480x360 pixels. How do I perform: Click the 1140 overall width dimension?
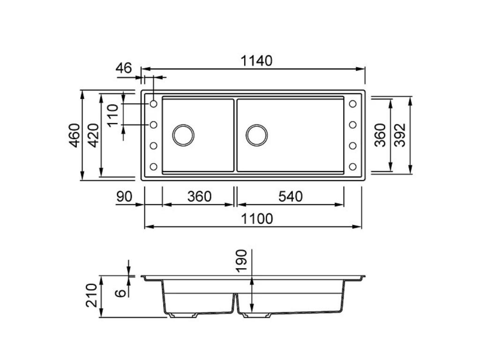pyautogui.click(x=256, y=61)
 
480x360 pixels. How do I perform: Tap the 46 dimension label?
pyautogui.click(x=124, y=68)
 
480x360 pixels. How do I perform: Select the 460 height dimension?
pyautogui.click(x=75, y=135)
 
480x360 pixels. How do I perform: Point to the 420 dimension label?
pyautogui.click(x=93, y=135)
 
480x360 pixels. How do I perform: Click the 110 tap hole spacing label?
pyautogui.click(x=112, y=115)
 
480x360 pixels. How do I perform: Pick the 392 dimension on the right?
pyautogui.click(x=400, y=135)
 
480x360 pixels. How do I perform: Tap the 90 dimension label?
pyautogui.click(x=124, y=196)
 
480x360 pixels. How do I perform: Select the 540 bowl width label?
pyautogui.click(x=291, y=196)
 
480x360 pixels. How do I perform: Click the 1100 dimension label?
pyautogui.click(x=257, y=219)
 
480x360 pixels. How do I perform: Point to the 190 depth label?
pyautogui.click(x=241, y=261)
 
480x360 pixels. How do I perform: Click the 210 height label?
pyautogui.click(x=91, y=295)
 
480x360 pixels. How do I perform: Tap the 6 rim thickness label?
pyautogui.click(x=120, y=293)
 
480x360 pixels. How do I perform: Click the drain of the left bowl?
pyautogui.click(x=183, y=135)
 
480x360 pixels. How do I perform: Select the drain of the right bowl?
pyautogui.click(x=256, y=135)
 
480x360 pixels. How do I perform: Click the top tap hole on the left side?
pyautogui.click(x=153, y=104)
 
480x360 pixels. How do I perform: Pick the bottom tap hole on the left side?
pyautogui.click(x=153, y=166)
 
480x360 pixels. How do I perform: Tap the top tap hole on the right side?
pyautogui.click(x=352, y=104)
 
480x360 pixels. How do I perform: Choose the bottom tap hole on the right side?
pyautogui.click(x=352, y=166)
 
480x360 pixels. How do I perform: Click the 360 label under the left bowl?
pyautogui.click(x=199, y=196)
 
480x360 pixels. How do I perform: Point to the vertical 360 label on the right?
pyautogui.click(x=381, y=135)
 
